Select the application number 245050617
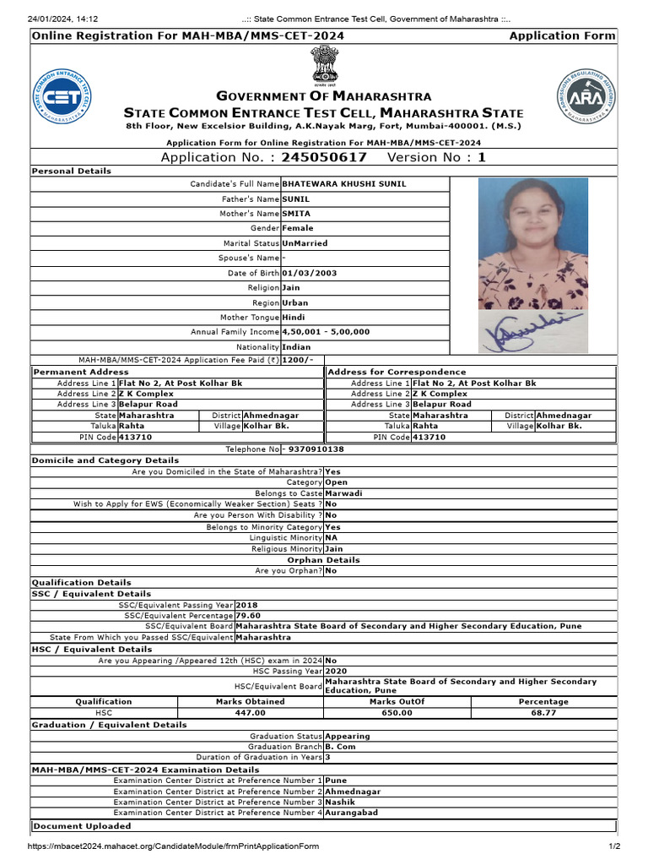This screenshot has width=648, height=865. click(x=324, y=157)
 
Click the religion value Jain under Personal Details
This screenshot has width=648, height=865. click(x=291, y=287)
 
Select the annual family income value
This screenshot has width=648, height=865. click(x=326, y=332)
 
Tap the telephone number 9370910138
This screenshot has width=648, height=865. click(x=315, y=449)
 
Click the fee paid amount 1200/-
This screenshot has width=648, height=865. click(x=297, y=359)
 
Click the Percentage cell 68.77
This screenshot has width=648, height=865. click(x=543, y=713)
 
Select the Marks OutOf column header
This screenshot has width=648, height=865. click(x=397, y=701)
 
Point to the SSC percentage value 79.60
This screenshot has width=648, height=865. click(x=248, y=616)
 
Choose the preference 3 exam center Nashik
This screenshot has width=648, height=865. click(x=342, y=802)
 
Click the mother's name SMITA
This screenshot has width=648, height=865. click(x=296, y=214)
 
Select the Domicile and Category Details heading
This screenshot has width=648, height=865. click(x=105, y=460)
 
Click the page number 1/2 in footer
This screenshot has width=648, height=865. click(x=615, y=846)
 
